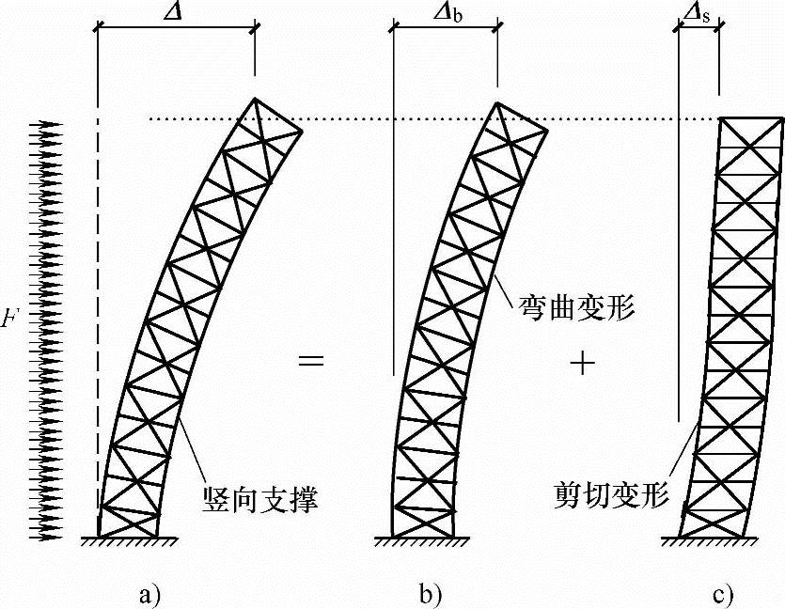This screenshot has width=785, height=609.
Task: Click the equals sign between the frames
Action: pyautogui.click(x=311, y=361)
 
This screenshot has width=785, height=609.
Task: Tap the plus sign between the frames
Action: pyautogui.click(x=583, y=364)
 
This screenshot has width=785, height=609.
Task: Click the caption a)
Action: pyautogui.click(x=149, y=593)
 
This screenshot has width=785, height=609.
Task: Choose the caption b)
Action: pyautogui.click(x=431, y=593)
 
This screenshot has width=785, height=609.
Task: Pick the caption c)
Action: pyautogui.click(x=722, y=593)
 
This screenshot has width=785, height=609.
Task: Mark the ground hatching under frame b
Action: pyautogui.click(x=422, y=544)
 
